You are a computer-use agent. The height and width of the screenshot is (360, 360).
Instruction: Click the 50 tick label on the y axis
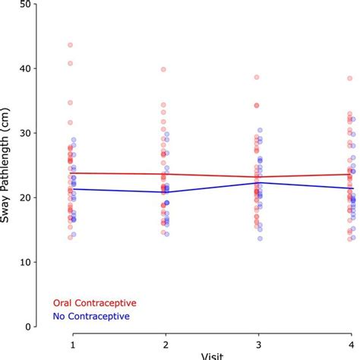(x=26, y=4)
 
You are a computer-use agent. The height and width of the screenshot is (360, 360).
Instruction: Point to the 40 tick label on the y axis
(x=26, y=68)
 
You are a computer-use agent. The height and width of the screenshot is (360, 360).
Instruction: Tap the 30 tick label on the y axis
(x=26, y=133)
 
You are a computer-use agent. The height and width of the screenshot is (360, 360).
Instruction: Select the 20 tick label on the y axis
(x=26, y=197)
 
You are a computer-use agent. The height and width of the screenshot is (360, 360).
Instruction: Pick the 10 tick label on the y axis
(x=26, y=262)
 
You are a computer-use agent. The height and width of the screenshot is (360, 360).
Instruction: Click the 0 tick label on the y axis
(x=29, y=327)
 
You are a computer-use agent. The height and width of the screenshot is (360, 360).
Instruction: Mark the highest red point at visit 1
(x=71, y=45)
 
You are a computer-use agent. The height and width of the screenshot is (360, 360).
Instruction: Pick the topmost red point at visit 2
(x=163, y=69)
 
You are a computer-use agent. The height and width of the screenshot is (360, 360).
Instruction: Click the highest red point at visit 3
(x=256, y=77)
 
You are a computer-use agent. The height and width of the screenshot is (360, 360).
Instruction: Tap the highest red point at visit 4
(x=349, y=78)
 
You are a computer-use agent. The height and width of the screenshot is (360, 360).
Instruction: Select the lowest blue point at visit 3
(x=260, y=238)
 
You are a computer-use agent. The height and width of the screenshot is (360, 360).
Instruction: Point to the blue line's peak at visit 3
(x=258, y=182)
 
